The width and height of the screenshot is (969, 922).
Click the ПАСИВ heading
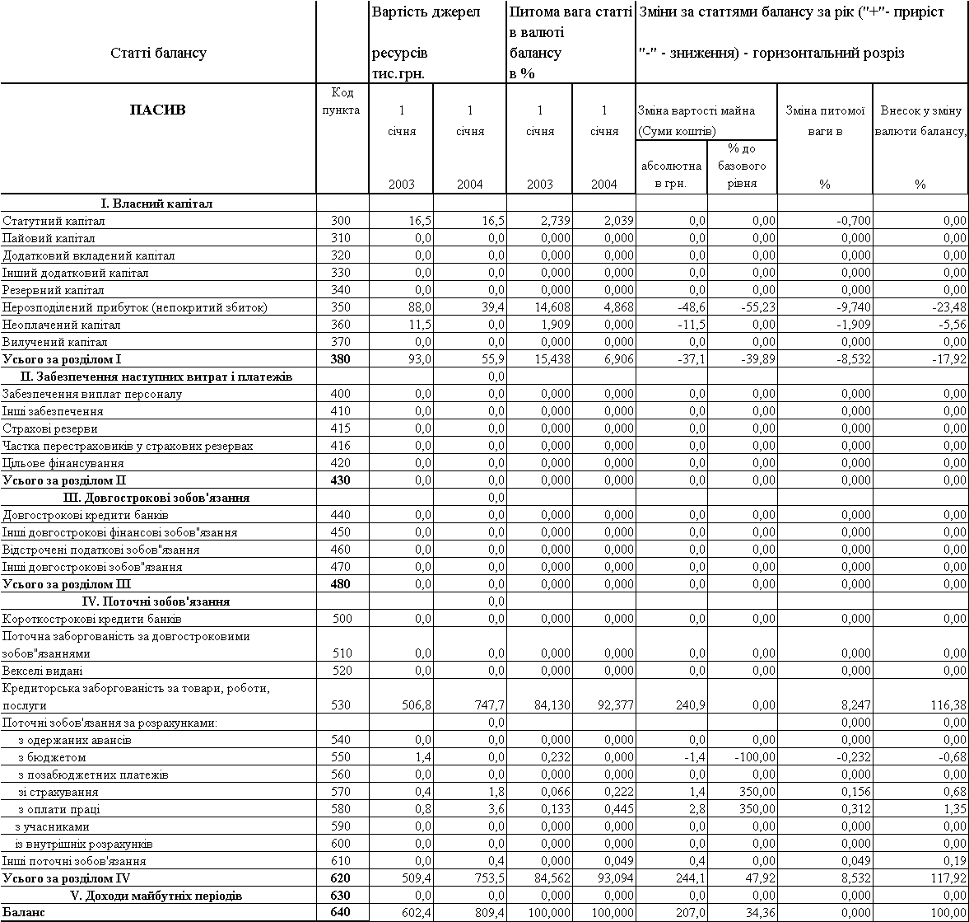pos(157,110)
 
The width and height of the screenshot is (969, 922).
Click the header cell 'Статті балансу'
pos(157,54)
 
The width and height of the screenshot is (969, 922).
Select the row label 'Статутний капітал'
pos(54,221)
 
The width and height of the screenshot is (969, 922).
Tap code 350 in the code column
pos(340,307)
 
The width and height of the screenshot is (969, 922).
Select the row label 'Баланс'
pos(22,913)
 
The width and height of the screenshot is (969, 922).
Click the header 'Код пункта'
pos(340,101)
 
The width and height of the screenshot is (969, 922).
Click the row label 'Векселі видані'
pos(43,671)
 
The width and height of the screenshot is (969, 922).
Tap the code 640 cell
pos(340,913)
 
